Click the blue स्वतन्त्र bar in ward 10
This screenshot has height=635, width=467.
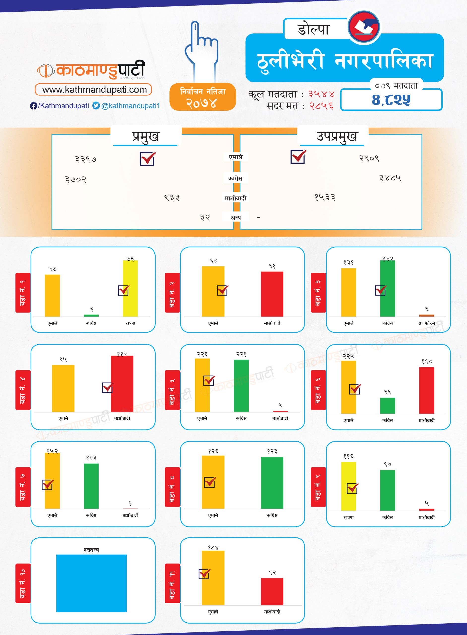tap(91, 583)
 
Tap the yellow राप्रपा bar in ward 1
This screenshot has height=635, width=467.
tap(130, 288)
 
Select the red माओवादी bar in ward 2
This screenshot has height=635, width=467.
tap(272, 294)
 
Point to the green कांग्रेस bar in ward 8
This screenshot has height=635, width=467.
tap(272, 483)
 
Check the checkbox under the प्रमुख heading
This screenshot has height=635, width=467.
tap(147, 159)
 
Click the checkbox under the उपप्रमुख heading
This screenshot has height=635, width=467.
tap(298, 157)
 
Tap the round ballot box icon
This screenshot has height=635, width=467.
tap(364, 27)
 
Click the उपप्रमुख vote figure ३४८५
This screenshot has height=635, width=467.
tap(390, 178)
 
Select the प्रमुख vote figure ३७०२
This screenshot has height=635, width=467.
tap(76, 179)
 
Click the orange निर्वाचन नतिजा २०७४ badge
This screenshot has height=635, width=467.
tap(203, 97)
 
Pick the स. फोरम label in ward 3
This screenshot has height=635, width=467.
tap(427, 323)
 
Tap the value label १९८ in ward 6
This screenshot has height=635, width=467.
tap(427, 361)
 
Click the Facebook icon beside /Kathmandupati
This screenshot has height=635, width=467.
tap(33, 106)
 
